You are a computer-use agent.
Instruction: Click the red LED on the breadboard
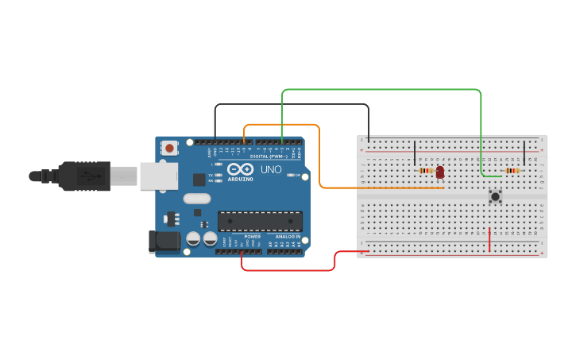(x=440, y=171)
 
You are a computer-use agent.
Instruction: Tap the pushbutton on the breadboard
(x=496, y=196)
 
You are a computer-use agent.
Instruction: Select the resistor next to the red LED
(x=426, y=170)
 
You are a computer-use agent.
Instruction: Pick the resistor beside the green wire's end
(x=512, y=170)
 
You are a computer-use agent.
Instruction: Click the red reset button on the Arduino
(x=169, y=147)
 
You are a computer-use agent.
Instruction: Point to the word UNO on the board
(x=271, y=169)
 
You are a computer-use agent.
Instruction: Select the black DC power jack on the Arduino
(x=163, y=242)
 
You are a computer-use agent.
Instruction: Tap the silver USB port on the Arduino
(x=158, y=176)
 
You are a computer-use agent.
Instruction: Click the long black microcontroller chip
(x=260, y=220)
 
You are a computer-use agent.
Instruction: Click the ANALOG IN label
(x=288, y=237)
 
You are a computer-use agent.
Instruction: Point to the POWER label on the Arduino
(x=252, y=237)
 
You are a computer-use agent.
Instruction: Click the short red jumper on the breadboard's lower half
(x=489, y=239)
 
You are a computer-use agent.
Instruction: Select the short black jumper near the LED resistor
(x=414, y=153)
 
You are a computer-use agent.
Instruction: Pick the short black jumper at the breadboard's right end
(x=524, y=153)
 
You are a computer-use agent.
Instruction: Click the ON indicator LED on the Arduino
(x=292, y=175)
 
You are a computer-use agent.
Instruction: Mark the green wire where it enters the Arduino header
(x=282, y=141)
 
